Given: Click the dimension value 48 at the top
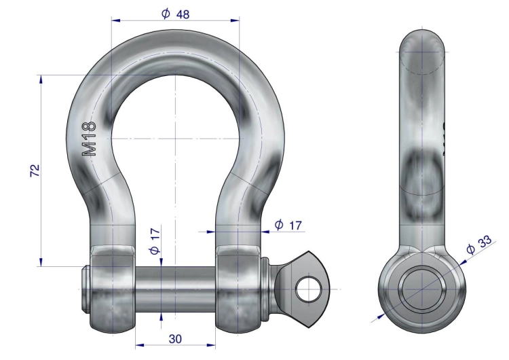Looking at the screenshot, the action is pyautogui.click(x=183, y=14).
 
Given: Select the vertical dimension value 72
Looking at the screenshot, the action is pyautogui.click(x=35, y=170).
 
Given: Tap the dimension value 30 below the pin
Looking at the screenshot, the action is pyautogui.click(x=175, y=339).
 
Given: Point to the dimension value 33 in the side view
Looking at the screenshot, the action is pyautogui.click(x=485, y=242).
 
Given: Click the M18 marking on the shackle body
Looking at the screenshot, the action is pyautogui.click(x=89, y=139).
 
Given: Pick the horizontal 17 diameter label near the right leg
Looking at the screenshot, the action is pyautogui.click(x=295, y=225).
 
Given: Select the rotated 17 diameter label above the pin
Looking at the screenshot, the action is pyautogui.click(x=155, y=234).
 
